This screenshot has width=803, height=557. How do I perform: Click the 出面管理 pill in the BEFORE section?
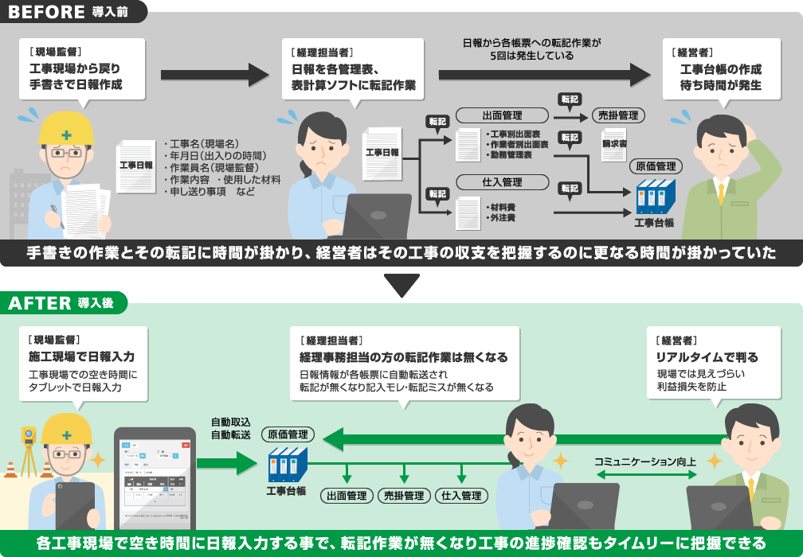(x=502, y=116)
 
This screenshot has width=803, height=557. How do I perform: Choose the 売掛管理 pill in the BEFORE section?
(x=618, y=116)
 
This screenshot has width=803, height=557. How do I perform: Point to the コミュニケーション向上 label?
(x=644, y=461)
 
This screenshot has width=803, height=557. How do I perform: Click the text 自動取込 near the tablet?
(x=230, y=422)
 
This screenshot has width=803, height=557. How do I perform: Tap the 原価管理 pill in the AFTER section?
(x=288, y=434)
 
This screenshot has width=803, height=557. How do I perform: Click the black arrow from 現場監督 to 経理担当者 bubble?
(x=215, y=75)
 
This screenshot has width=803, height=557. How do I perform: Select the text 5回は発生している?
(x=531, y=56)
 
